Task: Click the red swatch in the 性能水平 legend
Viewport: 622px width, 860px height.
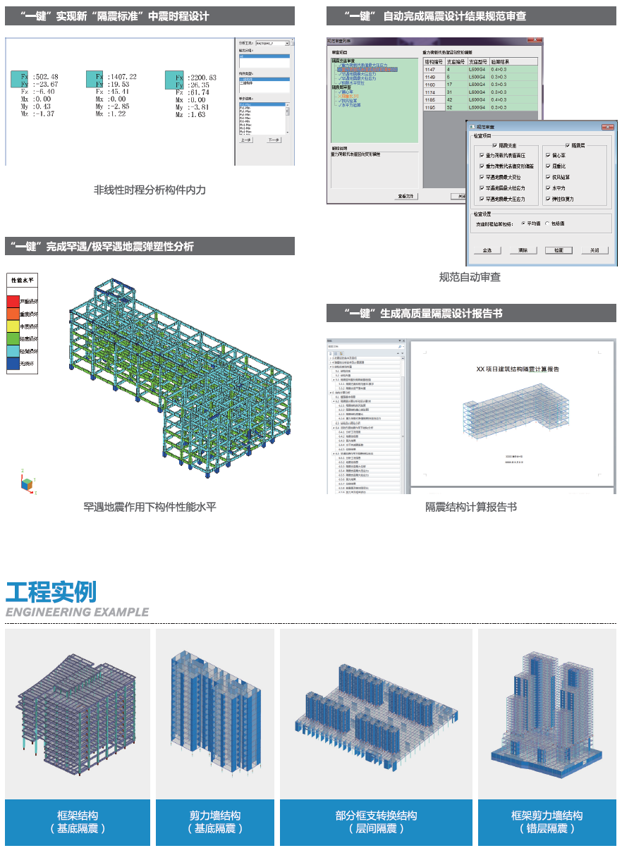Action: pos(13,302)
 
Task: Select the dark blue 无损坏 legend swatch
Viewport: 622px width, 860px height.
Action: pos(13,364)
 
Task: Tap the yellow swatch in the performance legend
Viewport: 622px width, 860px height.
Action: pos(13,326)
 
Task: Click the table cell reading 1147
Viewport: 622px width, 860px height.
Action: pos(429,69)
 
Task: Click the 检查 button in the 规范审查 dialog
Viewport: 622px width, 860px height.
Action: pos(559,250)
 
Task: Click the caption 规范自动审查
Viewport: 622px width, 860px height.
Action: pos(470,277)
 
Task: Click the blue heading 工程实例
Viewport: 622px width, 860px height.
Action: pos(51,591)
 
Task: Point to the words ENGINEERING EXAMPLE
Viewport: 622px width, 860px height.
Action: pos(77,612)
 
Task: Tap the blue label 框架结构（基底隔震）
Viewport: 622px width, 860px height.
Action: pos(78,822)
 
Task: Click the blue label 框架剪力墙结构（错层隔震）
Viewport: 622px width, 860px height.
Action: pos(547,822)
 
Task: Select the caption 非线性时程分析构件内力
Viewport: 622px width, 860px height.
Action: pos(150,190)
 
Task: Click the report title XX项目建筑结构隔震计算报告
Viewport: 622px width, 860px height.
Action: pos(518,369)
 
